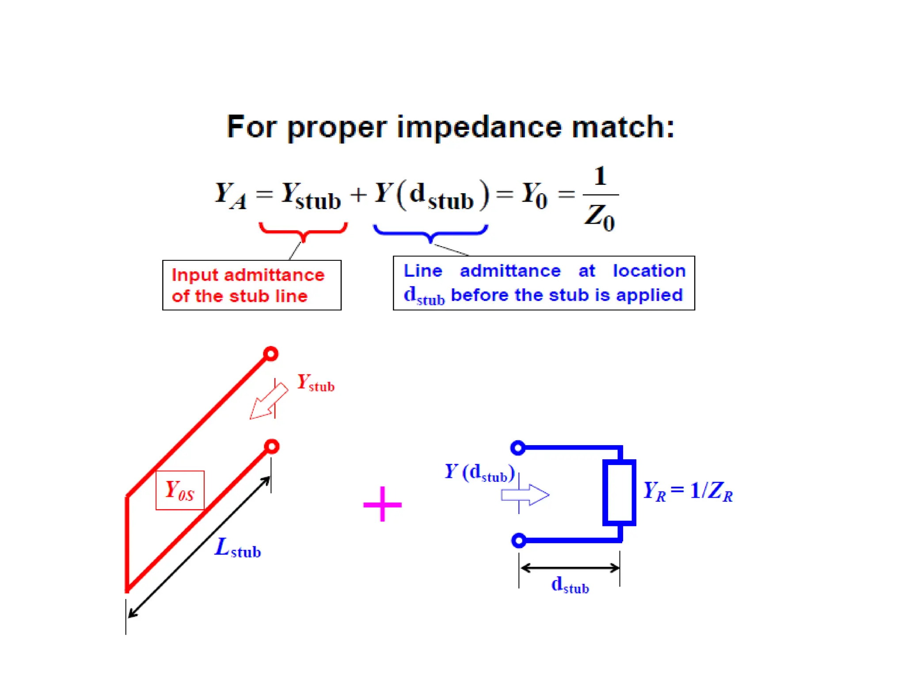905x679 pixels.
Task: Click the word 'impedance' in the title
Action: (x=479, y=127)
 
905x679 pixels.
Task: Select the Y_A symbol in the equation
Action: (x=230, y=195)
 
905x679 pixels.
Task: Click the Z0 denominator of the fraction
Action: (x=600, y=217)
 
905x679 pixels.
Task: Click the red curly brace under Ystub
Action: (x=303, y=231)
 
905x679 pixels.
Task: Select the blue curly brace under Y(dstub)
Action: (x=430, y=232)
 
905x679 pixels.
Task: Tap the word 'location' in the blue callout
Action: (x=649, y=271)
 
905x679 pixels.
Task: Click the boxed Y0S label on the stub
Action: (x=180, y=490)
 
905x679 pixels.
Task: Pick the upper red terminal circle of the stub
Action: (x=271, y=354)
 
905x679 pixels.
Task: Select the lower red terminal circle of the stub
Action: (x=272, y=446)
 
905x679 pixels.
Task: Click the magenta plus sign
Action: (x=382, y=504)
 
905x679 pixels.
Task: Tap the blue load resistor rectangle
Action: (x=619, y=492)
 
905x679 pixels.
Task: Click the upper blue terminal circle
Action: (x=518, y=448)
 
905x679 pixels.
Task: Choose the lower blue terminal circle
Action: (x=519, y=540)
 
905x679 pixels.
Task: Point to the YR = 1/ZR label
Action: (x=688, y=491)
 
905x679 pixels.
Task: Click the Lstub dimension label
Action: (x=237, y=548)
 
